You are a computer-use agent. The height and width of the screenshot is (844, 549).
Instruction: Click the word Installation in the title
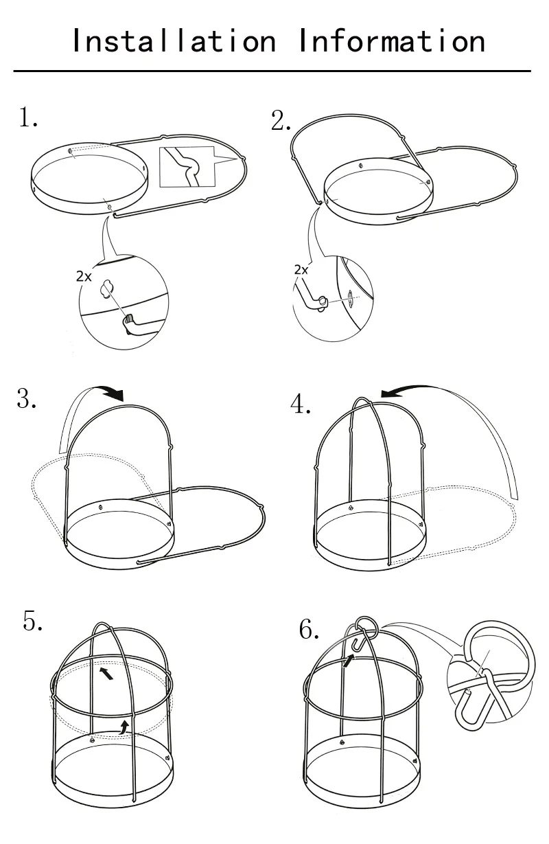pos(174,41)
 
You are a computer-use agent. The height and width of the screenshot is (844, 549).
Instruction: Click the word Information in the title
pos(392,41)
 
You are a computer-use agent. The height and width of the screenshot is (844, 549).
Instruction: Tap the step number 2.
pos(281,121)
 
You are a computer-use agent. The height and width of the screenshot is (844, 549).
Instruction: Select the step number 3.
pos(27,398)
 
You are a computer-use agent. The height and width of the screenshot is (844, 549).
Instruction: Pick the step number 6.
pos(309,629)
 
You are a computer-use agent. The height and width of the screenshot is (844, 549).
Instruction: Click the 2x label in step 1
pos(84,277)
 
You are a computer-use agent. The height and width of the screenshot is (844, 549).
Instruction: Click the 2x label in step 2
pos(301,270)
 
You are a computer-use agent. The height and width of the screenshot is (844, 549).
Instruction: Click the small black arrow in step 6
pos(349,661)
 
